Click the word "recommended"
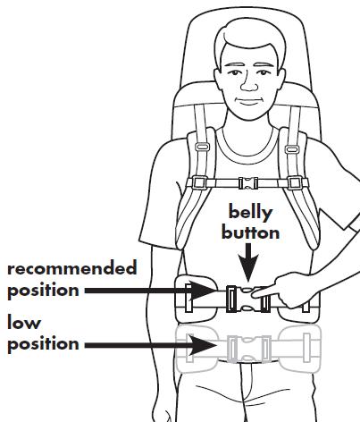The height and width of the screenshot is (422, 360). [72, 267]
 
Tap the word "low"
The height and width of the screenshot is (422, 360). [24, 322]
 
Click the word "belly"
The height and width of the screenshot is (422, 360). [250, 213]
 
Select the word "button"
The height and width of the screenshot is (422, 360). [250, 232]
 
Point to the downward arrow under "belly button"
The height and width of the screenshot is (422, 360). [248, 262]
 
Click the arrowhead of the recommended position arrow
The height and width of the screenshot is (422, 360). [202, 291]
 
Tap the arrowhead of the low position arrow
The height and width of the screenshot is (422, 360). [202, 345]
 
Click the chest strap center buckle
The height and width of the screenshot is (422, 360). [248, 183]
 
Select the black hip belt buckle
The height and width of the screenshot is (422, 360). [247, 299]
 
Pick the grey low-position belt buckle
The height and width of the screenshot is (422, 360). [249, 350]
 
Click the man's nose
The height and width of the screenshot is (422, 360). [249, 83]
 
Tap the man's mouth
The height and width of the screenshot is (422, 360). [249, 101]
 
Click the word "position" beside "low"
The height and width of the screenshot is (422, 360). [43, 344]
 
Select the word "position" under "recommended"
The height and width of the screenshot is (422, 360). [43, 291]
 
